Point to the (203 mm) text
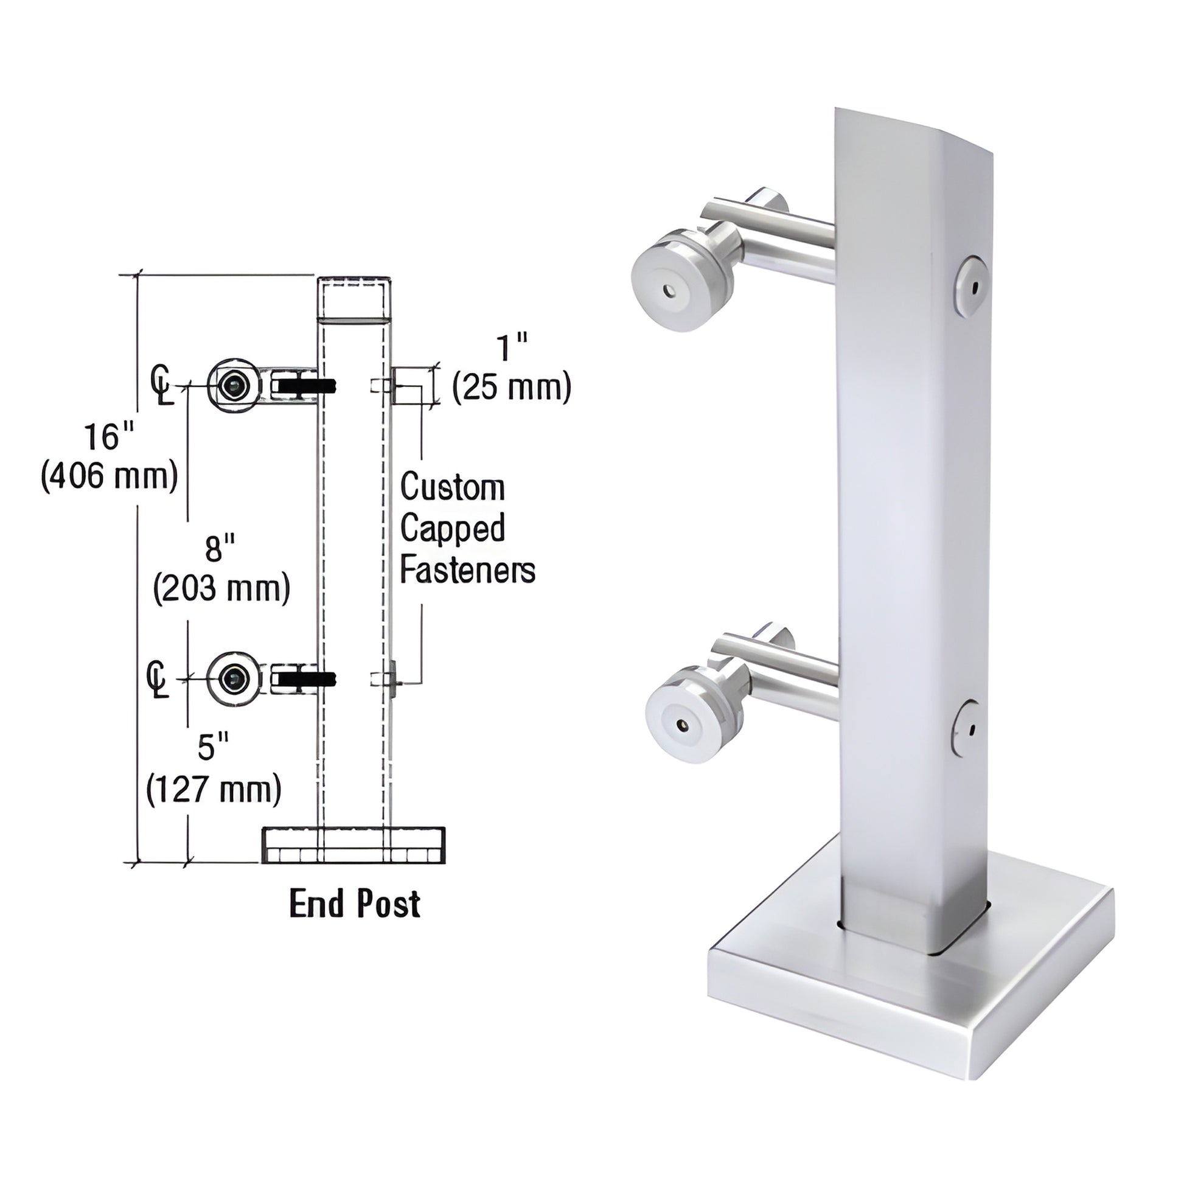point(222,589)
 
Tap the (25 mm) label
point(512,388)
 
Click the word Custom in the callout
point(452,488)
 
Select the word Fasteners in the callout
point(468,571)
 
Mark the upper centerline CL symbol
point(161,386)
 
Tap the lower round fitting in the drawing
point(234,679)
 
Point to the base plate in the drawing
point(353,846)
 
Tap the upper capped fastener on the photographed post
point(973,286)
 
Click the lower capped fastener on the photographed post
point(967,730)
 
